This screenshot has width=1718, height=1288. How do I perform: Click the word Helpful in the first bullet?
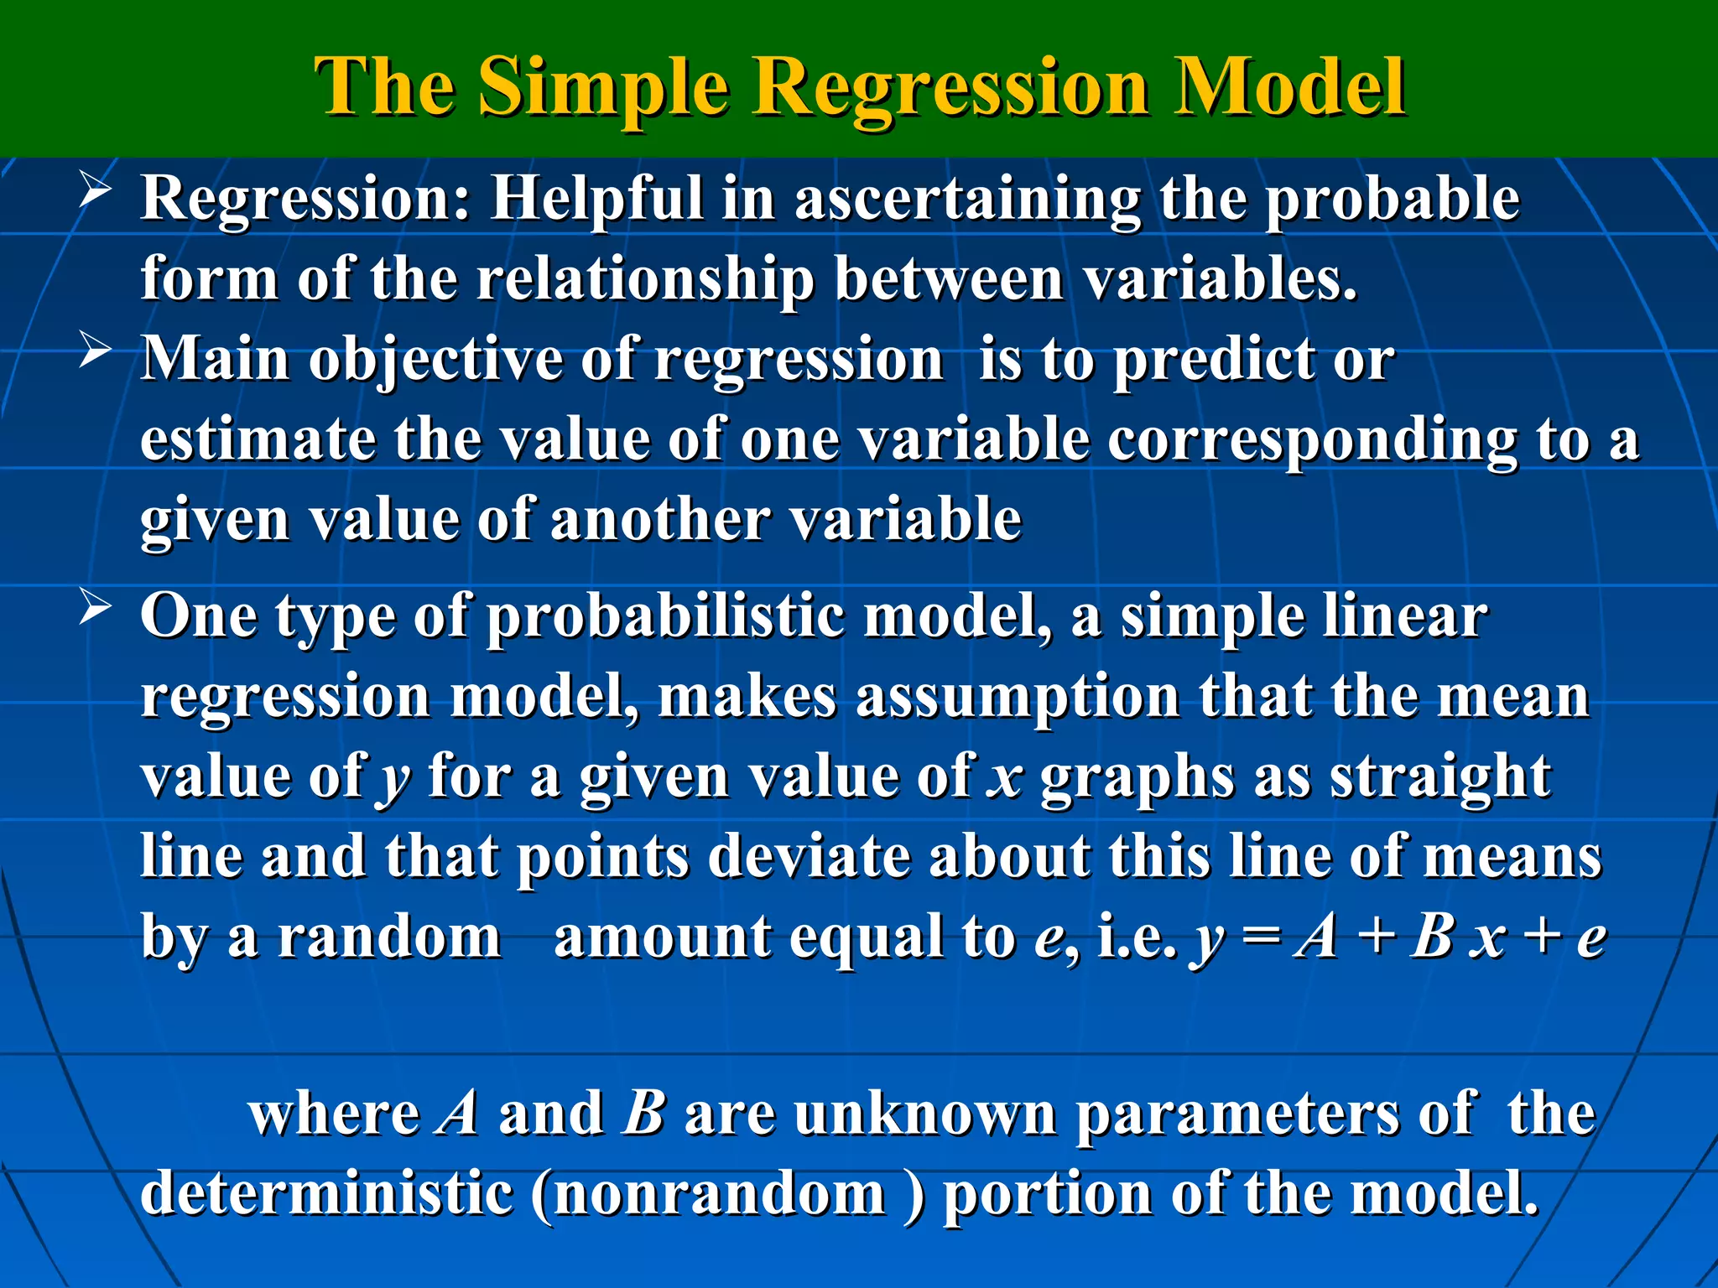pos(596,200)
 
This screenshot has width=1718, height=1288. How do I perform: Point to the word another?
pos(659,520)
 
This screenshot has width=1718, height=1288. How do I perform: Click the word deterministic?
pos(326,1194)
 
